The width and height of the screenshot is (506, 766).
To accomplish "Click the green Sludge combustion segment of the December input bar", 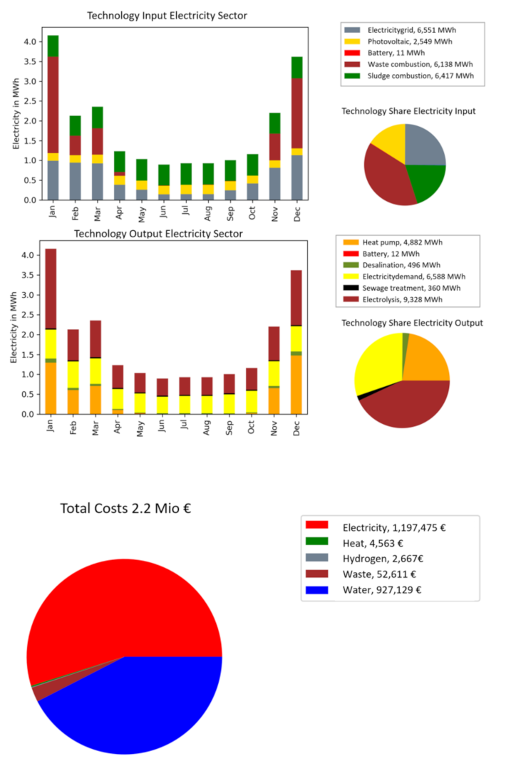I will (296, 67).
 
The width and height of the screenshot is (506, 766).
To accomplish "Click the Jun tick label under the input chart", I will (164, 214).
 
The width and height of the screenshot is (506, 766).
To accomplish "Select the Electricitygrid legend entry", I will (407, 30).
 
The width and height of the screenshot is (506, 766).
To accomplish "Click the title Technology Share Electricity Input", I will (408, 111).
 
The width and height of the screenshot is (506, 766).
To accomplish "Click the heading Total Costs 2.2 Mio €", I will (126, 509).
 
